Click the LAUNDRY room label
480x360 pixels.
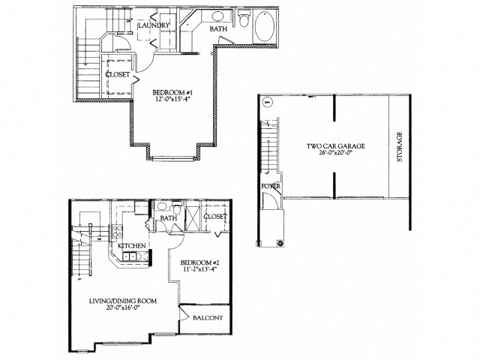click(x=154, y=25)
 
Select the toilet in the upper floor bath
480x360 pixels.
click(x=243, y=19)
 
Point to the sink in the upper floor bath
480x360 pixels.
click(x=217, y=16)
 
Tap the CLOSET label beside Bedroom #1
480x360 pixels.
click(x=118, y=74)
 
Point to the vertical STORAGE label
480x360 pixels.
click(x=400, y=147)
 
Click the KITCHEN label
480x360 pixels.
click(x=131, y=245)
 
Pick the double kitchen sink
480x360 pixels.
click(x=129, y=256)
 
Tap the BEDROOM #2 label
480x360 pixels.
click(x=196, y=263)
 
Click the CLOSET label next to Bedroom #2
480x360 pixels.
click(x=215, y=217)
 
